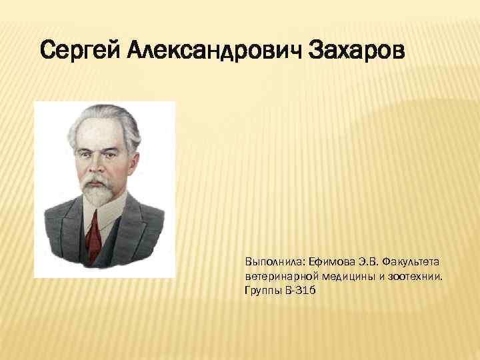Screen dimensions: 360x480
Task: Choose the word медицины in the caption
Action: pyautogui.click(x=342, y=276)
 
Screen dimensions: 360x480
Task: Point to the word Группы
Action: pyautogui.click(x=263, y=292)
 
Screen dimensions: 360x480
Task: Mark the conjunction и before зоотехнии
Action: pyautogui.click(x=383, y=276)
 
